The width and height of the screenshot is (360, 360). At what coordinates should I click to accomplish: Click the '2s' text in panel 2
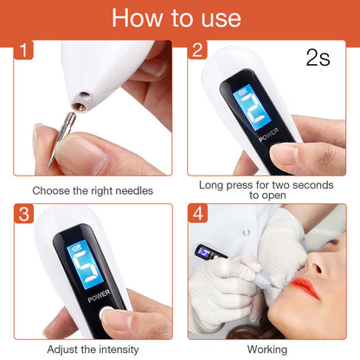(318, 58)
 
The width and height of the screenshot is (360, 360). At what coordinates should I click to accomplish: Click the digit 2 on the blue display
(243, 111)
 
